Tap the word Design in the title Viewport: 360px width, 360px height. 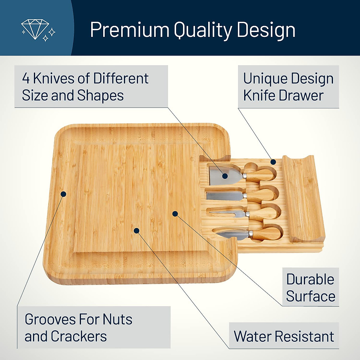pos(266,30)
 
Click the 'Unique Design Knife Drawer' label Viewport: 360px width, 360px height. pos(288,87)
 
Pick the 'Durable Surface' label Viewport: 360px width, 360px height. pos(310,287)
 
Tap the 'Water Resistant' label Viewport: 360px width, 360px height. pos(284,336)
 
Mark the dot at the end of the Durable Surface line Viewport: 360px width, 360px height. pos(175,214)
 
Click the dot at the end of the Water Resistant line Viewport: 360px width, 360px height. pos(136,230)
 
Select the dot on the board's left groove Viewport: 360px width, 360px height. pos(63,194)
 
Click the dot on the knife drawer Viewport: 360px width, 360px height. pos(273,162)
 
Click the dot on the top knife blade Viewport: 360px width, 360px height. pos(225,176)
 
